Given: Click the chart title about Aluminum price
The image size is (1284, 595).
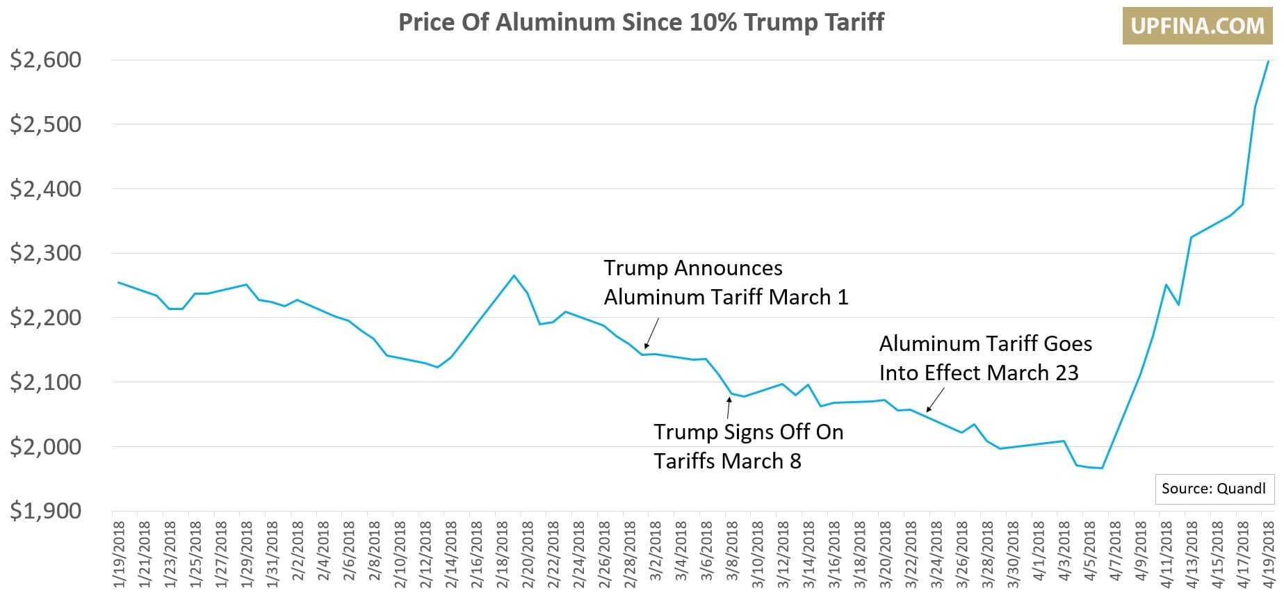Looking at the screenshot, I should (x=641, y=22).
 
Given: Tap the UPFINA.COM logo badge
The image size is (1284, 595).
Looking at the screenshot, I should (x=1197, y=26).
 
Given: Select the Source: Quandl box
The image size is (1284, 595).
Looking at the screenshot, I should (x=1213, y=489).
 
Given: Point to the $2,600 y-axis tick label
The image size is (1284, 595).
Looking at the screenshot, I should (x=46, y=60).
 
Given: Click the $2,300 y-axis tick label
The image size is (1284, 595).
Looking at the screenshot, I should (x=46, y=253).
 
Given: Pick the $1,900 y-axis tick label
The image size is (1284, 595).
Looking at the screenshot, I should (x=46, y=511).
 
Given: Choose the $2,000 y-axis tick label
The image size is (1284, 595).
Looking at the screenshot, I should (x=46, y=446).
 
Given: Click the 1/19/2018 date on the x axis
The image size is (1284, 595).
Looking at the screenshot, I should (x=119, y=555).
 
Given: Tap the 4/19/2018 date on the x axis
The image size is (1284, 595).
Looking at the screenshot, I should (x=1269, y=555).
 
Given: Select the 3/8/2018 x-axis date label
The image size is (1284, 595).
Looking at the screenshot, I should (x=732, y=555).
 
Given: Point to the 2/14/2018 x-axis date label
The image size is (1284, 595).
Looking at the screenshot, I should (x=450, y=555).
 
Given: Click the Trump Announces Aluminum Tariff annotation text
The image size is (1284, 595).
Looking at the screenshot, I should (x=725, y=282).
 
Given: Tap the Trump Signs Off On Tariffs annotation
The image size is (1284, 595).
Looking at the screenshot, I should (x=748, y=446).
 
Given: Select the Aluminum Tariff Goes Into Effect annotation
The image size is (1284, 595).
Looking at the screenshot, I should (x=985, y=358).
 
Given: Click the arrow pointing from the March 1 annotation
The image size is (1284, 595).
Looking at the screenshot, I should (x=651, y=333).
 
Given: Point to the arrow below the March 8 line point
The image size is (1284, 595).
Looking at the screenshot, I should (x=729, y=408).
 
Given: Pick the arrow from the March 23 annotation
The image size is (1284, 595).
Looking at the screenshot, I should (x=936, y=400).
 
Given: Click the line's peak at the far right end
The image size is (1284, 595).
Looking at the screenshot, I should (x=1268, y=61).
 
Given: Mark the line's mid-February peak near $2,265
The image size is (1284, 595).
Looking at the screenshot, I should (x=514, y=275).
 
